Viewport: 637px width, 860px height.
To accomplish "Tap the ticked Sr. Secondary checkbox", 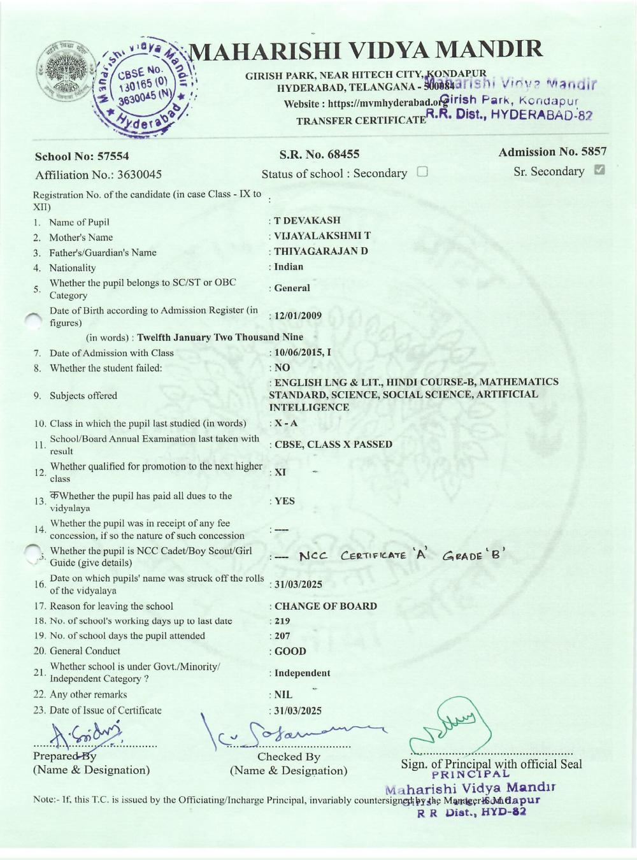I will coord(599,170).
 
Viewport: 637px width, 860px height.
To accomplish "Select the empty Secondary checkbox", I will coord(422,172).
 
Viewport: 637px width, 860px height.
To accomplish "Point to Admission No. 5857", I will coord(552,152).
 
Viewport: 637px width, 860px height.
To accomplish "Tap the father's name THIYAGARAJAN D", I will coord(320,251).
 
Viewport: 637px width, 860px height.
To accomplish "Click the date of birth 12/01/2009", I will coord(297,316).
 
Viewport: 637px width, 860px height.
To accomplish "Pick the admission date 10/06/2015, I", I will coord(302,352).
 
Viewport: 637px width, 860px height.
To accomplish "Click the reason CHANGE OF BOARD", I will coord(326,606).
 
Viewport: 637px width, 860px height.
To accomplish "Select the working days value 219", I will coord(282,621).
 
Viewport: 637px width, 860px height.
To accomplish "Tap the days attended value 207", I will coord(282,636).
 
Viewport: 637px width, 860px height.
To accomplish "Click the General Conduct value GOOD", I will coord(290,651).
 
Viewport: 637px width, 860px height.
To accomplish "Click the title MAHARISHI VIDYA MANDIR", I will coord(367,50).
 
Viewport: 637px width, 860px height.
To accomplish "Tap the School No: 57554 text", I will coord(82,157).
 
